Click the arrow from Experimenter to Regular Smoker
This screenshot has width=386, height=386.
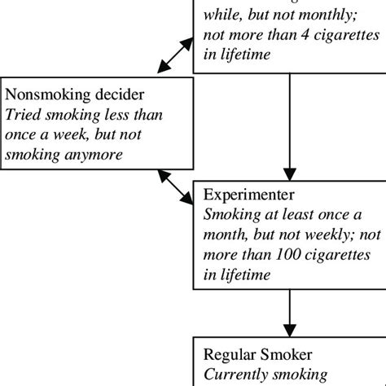[x=290, y=316]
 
